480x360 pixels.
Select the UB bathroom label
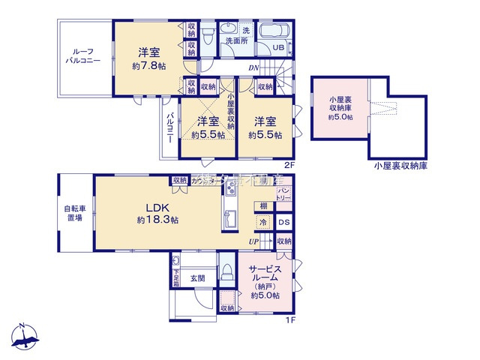277,47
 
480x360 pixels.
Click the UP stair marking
256,242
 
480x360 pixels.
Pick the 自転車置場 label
73,212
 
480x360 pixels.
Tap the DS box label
283,222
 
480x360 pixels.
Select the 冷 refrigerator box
263,222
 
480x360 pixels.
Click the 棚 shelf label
263,205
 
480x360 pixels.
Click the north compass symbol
24,339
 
